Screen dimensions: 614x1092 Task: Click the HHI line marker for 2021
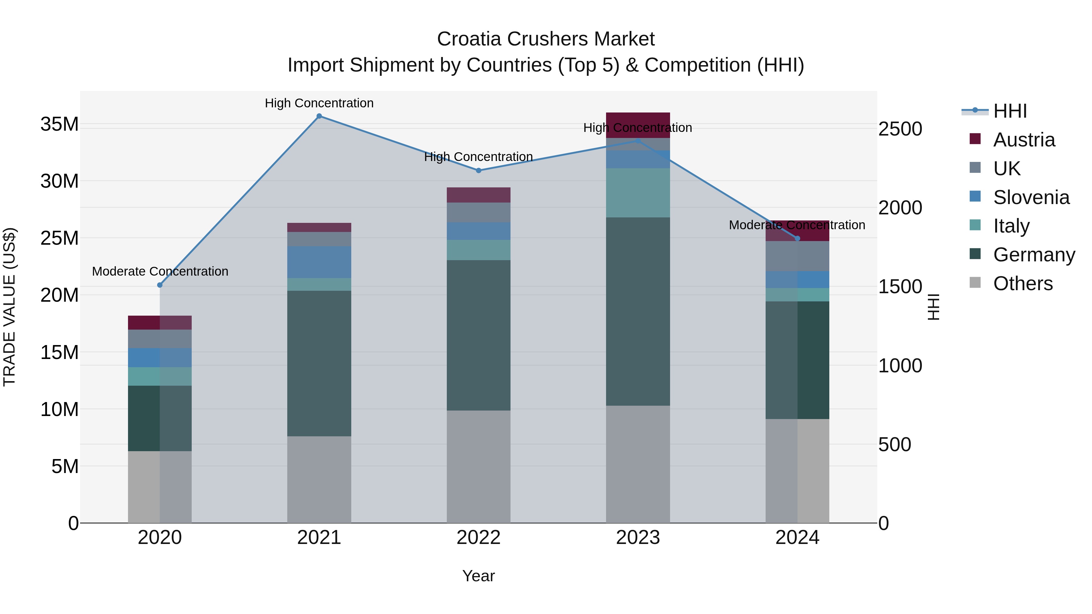319,116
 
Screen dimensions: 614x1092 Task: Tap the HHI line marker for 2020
160,285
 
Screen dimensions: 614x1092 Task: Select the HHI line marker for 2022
479,171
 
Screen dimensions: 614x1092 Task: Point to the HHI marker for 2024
797,239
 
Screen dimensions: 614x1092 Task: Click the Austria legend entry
1023,140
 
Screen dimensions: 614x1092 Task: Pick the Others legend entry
1023,284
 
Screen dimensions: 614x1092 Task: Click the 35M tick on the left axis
59,124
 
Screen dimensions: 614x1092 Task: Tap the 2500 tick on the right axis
900,129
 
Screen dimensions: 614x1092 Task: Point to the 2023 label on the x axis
638,538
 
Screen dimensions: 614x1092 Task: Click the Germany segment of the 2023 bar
638,311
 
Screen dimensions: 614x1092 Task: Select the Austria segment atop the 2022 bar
479,195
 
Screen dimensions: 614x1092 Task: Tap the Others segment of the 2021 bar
319,479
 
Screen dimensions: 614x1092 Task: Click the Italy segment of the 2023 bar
638,193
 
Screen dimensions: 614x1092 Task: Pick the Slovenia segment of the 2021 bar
319,262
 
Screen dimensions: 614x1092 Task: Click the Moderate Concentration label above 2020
160,271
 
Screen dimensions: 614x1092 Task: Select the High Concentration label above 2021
319,103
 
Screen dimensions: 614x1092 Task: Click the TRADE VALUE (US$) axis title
9,307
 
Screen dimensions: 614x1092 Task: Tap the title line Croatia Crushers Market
546,39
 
